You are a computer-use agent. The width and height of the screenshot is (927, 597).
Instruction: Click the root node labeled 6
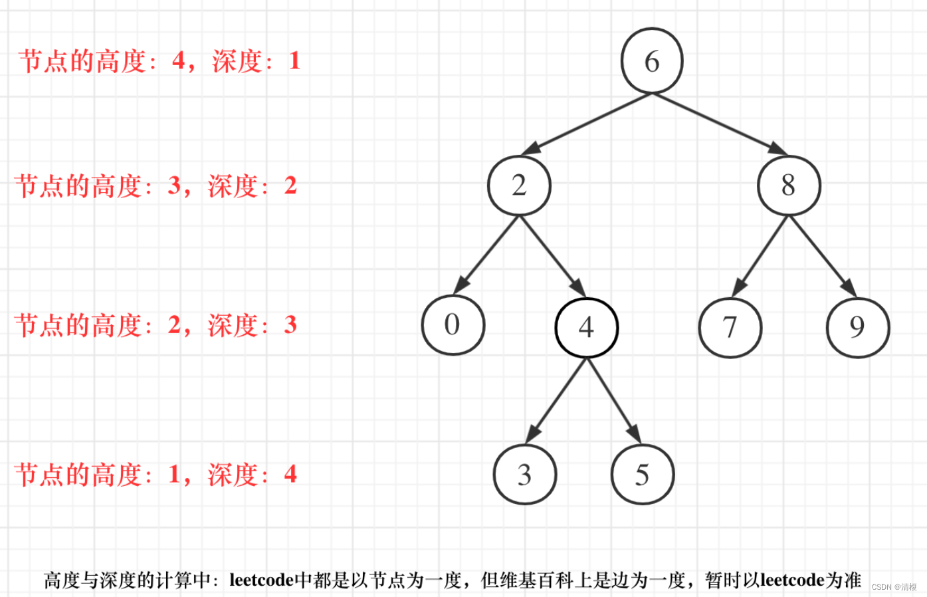652,60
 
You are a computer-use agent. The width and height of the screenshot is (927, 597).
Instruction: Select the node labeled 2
519,185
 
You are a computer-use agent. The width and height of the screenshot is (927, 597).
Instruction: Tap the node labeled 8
789,185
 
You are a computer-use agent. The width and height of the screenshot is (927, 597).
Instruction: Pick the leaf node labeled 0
453,325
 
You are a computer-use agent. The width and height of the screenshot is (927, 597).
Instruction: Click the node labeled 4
586,327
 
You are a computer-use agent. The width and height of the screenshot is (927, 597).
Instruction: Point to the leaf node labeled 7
730,327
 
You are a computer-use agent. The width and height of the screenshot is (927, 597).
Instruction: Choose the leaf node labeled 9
857,327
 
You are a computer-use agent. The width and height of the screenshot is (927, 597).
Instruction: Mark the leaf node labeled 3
524,475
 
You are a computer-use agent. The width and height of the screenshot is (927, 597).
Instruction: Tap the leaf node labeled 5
643,475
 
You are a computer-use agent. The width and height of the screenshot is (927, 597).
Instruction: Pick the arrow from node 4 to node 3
556,401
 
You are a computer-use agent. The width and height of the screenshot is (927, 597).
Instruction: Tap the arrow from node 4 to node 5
614,401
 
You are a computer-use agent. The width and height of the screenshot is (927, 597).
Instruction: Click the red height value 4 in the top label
179,61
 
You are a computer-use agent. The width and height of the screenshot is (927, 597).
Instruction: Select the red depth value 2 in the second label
290,185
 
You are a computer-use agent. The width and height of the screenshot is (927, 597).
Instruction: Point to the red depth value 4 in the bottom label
290,474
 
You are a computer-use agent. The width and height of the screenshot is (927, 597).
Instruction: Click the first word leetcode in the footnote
261,580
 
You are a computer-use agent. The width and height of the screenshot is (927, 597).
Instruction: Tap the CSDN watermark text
894,587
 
